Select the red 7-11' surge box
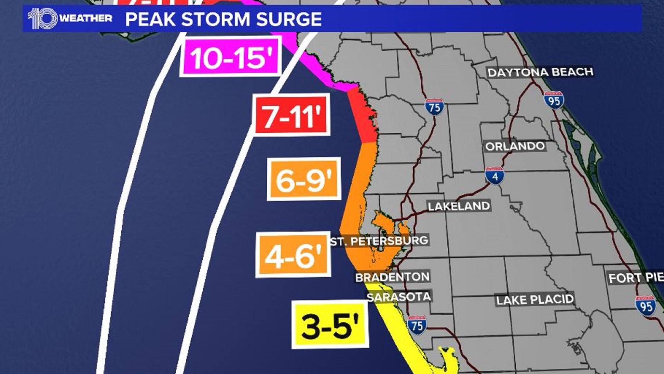coord(291,115)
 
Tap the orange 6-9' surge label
coord(304,179)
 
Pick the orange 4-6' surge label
coord(293,255)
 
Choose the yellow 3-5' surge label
coord(330,324)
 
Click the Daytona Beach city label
coord(540,72)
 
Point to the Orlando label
coord(515,146)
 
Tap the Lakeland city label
coord(459,206)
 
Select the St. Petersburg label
coord(379,241)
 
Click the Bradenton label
coord(393,277)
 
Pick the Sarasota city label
coord(399,297)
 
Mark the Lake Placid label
coord(535,300)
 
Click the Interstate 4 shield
coord(495,176)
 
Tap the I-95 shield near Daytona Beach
coord(554,100)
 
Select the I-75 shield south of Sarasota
coord(417,325)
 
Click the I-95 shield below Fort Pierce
coord(646,306)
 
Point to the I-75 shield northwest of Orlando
coord(434,107)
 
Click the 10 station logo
coord(43,18)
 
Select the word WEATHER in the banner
coord(86,18)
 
